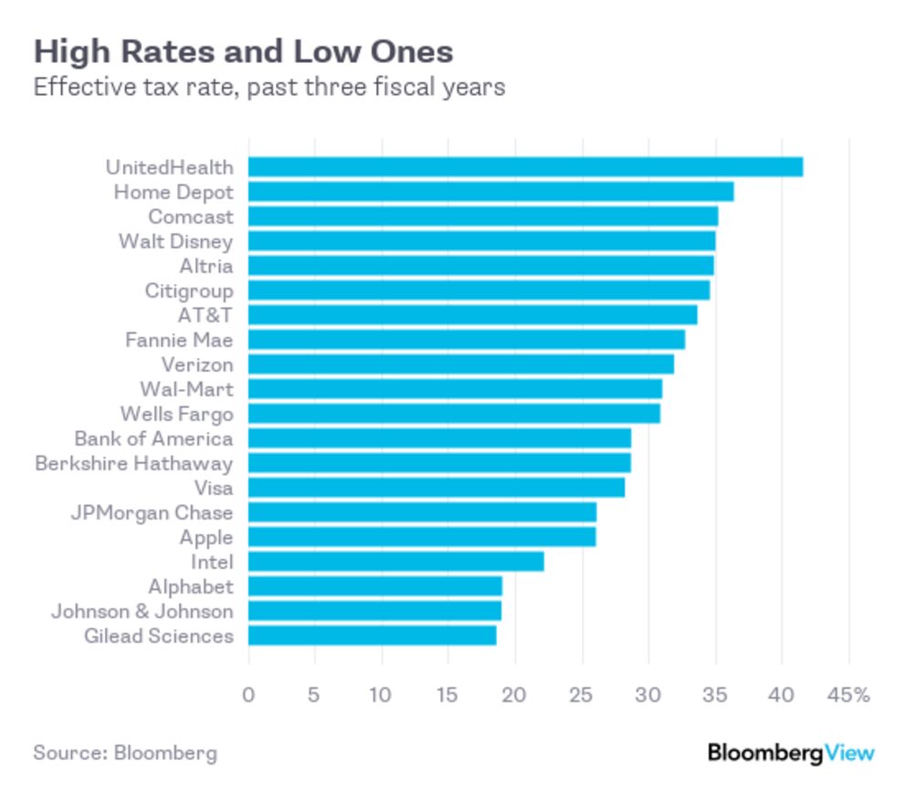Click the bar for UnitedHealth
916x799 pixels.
(525, 167)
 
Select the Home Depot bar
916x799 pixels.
(490, 192)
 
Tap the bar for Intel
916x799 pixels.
(395, 562)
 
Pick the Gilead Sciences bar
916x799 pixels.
(372, 636)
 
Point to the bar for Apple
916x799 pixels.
(421, 537)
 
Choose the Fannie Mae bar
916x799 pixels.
(466, 340)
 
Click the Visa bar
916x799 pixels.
(436, 488)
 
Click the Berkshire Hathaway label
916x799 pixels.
(133, 463)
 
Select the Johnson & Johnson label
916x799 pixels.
(142, 611)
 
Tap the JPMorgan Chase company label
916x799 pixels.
(152, 512)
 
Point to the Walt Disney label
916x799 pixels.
(175, 241)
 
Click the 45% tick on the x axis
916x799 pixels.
(848, 695)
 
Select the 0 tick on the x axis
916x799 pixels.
(248, 695)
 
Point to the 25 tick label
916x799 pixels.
(582, 695)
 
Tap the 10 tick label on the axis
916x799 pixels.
(382, 695)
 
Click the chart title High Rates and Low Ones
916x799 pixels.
(243, 51)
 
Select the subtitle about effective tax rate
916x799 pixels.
(269, 89)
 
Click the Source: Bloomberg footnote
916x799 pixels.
(125, 753)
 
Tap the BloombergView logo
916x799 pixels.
(791, 753)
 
